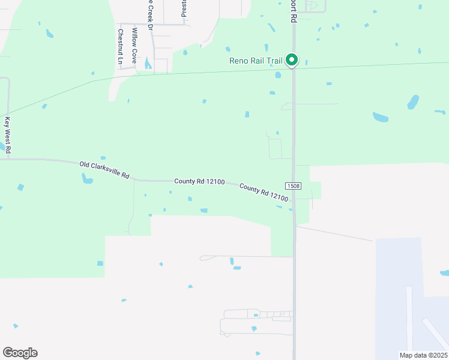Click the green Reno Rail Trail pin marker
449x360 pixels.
tap(292, 59)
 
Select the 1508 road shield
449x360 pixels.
tap(293, 187)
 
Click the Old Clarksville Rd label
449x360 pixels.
tap(104, 170)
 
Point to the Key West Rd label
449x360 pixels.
tap(8, 134)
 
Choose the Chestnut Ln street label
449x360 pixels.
tap(121, 46)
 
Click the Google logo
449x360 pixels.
tap(20, 353)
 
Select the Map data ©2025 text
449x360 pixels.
tap(423, 355)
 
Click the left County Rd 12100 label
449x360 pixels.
tap(199, 181)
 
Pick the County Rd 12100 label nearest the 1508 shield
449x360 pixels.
tap(264, 192)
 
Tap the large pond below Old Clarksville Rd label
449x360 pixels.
tap(88, 179)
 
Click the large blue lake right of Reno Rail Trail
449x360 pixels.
tap(381, 116)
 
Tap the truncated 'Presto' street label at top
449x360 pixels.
tap(184, 7)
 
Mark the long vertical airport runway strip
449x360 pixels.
tap(409, 318)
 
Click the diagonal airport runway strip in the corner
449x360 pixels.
tap(434, 334)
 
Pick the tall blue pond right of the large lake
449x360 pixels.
tap(413, 102)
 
